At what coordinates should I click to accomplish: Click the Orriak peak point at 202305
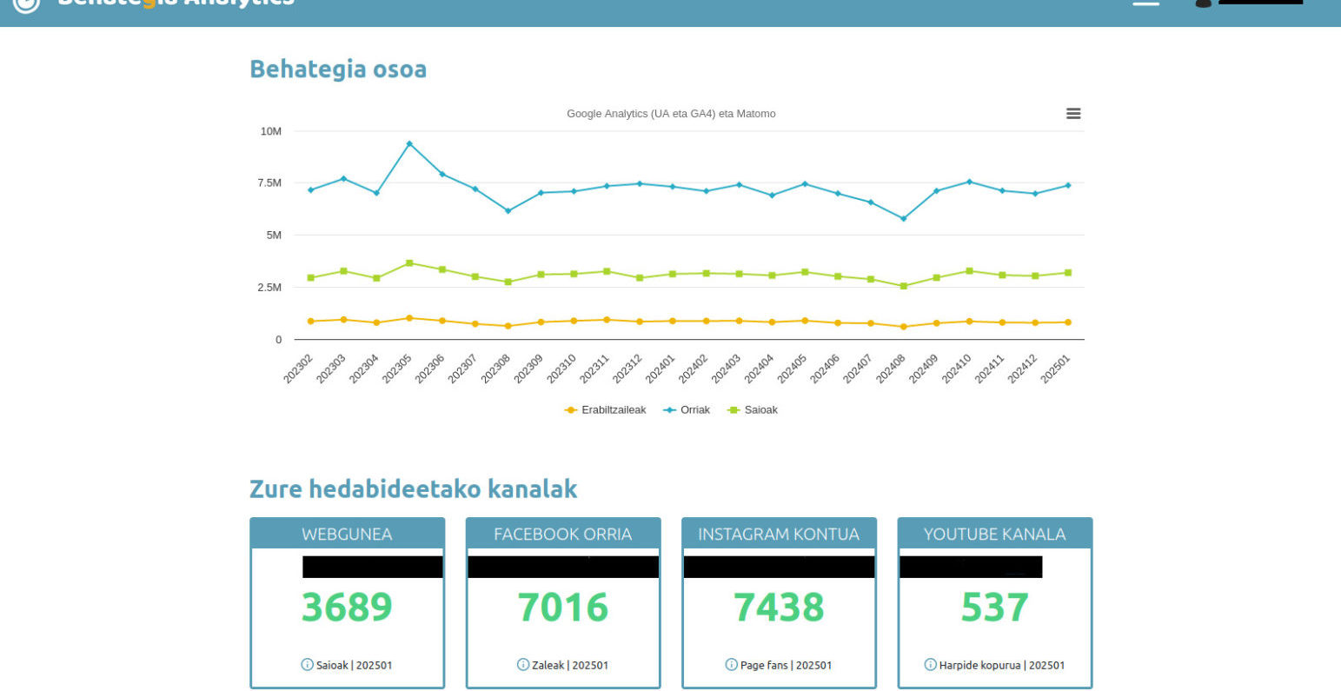(409, 143)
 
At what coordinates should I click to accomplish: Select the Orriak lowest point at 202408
(904, 218)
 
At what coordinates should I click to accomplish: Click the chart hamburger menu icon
(1073, 114)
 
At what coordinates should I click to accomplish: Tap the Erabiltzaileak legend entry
(606, 410)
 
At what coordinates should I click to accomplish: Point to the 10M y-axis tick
(271, 131)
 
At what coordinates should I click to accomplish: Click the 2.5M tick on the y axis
(270, 288)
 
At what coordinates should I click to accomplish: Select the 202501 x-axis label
(1057, 368)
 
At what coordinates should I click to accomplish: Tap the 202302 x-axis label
(298, 368)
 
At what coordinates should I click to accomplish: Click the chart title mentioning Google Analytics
(671, 114)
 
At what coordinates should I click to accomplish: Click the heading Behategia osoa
(338, 69)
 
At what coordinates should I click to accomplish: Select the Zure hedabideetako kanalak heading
(413, 488)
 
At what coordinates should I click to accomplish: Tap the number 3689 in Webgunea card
(347, 607)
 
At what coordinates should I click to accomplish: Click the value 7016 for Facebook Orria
(562, 607)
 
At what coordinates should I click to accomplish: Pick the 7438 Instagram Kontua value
(779, 607)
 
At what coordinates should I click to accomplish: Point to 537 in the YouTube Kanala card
(994, 607)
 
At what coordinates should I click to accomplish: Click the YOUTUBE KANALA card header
(994, 534)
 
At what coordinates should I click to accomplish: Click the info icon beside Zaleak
(523, 665)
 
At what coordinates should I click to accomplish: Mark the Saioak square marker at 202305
(409, 262)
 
